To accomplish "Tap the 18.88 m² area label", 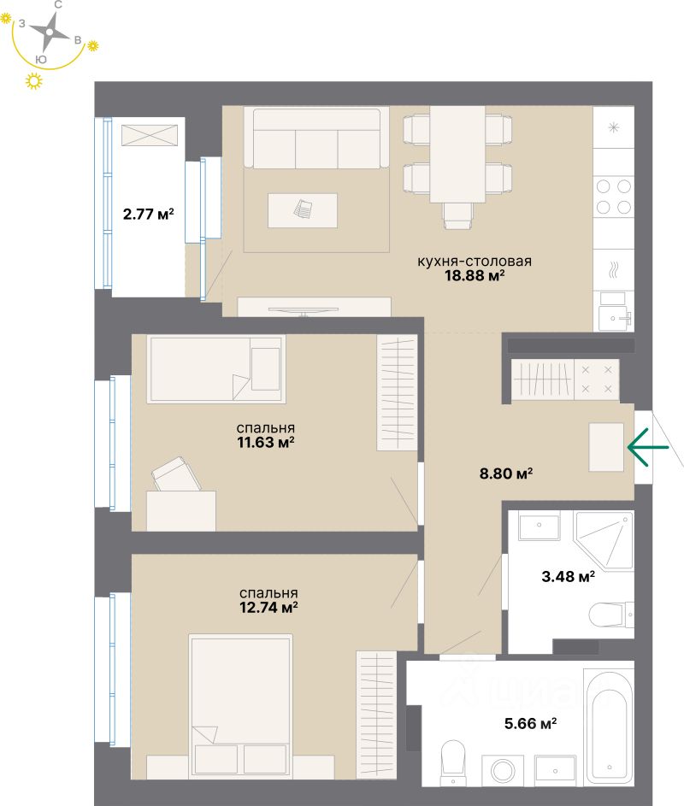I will [x=475, y=275].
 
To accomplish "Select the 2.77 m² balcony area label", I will [x=148, y=214].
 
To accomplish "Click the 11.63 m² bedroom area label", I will [x=268, y=442].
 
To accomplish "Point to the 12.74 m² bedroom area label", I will [x=268, y=607].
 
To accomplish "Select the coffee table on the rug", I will [x=302, y=209].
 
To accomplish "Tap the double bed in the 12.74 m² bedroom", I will [x=241, y=705].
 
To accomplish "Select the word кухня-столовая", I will [x=475, y=261].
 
